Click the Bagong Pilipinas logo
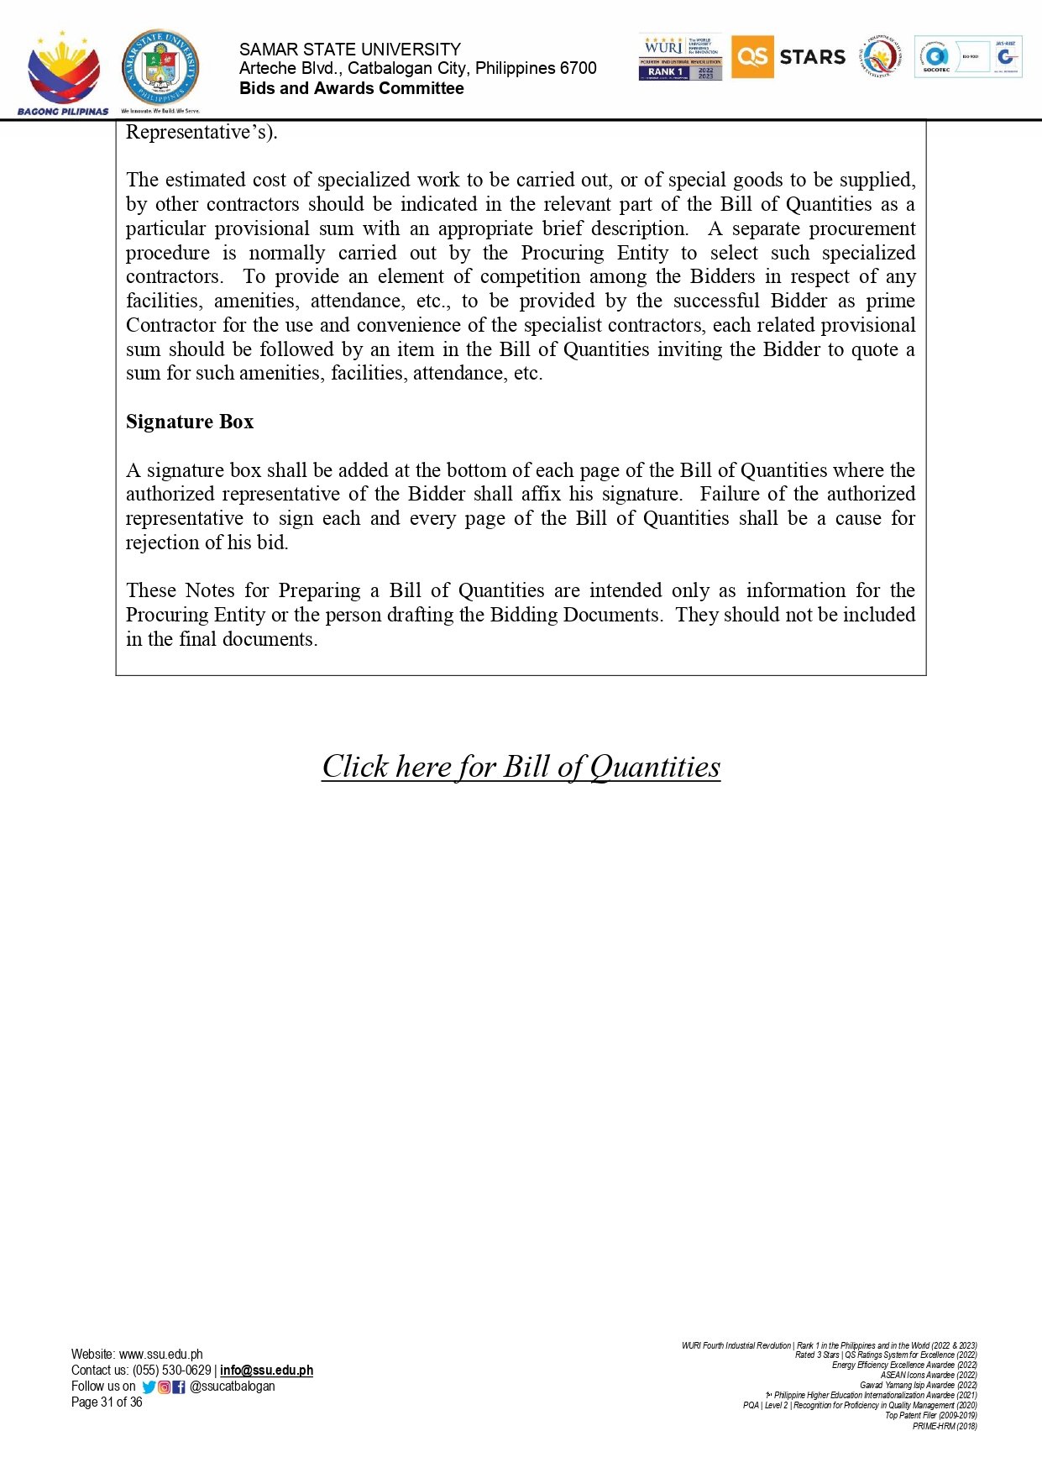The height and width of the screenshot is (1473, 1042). (63, 74)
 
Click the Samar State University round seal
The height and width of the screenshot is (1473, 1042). (160, 70)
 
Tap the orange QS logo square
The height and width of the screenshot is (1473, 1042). (751, 57)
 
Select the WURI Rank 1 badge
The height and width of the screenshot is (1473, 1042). (680, 58)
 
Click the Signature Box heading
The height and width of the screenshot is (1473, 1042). (190, 422)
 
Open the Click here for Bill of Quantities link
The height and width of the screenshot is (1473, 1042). (521, 767)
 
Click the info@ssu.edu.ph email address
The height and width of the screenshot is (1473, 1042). (266, 1371)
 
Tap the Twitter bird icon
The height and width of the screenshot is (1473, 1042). (149, 1387)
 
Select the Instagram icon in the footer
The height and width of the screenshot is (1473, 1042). (165, 1387)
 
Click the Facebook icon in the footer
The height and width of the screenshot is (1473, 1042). (179, 1387)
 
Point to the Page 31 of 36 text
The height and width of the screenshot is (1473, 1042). (107, 1402)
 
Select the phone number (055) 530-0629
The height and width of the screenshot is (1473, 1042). (171, 1371)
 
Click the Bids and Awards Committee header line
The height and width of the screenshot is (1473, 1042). (351, 89)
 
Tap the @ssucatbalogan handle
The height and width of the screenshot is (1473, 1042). (233, 1387)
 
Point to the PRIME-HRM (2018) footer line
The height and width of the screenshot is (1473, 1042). (945, 1426)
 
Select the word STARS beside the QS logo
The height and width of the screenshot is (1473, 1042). (812, 57)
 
